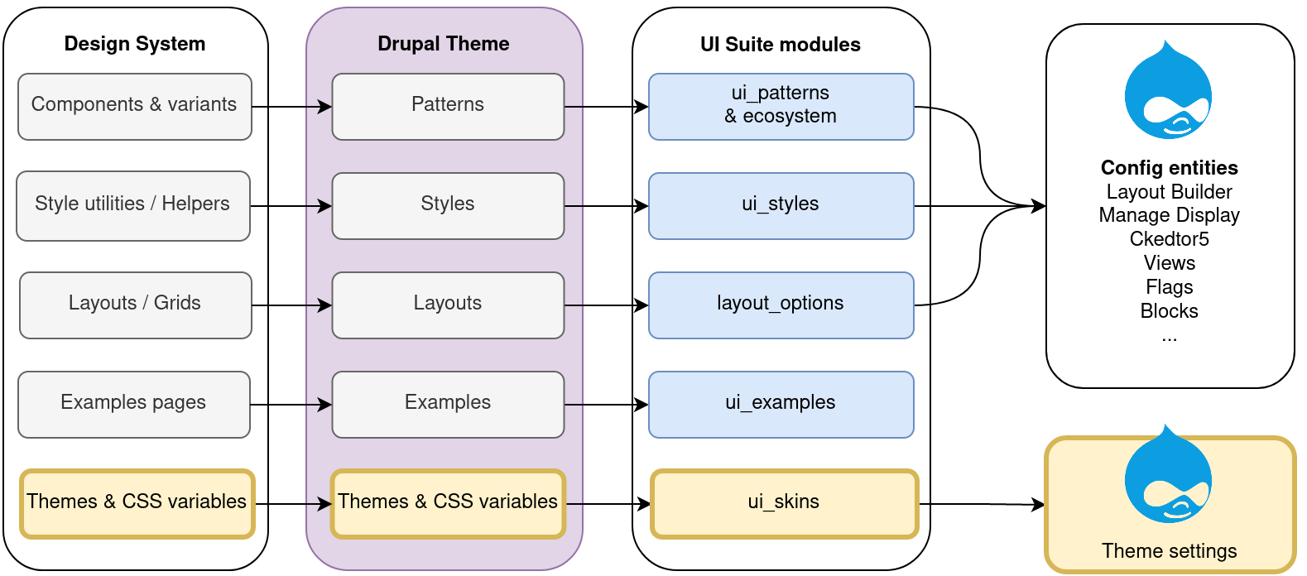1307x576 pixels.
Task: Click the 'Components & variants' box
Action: tap(135, 107)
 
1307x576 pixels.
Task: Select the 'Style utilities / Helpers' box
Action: tap(133, 206)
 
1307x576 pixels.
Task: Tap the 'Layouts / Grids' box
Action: tap(136, 305)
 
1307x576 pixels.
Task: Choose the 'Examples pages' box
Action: tap(134, 405)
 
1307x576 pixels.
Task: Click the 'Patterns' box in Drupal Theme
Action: tap(448, 107)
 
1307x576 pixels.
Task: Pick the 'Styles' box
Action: tap(448, 206)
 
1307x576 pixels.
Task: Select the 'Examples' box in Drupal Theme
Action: tap(448, 405)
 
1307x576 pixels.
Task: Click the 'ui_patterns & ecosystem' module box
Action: tap(781, 107)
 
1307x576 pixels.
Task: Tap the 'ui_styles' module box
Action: tap(781, 206)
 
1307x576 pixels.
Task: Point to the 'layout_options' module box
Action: tap(781, 305)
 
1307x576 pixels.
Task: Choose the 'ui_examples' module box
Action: tap(781, 405)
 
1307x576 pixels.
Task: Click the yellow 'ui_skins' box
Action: tap(785, 504)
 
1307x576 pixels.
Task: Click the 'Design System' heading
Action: tap(135, 44)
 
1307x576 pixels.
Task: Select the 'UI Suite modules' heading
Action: tap(781, 45)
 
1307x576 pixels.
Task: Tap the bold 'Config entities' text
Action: tap(1170, 168)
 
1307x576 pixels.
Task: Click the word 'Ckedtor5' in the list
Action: tap(1170, 239)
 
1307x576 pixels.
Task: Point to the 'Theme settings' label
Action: tap(1170, 551)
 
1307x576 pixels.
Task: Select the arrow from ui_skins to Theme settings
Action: tap(982, 504)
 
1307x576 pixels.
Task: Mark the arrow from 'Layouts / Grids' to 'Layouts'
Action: tap(291, 305)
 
